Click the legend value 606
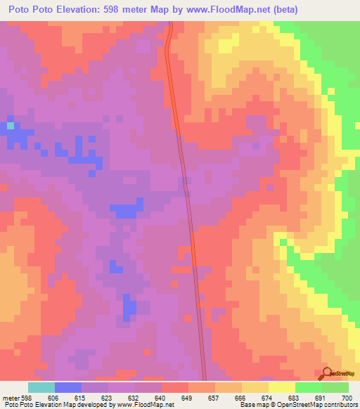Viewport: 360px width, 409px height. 53,398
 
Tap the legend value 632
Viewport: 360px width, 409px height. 134,398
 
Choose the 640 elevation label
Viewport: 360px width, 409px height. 160,398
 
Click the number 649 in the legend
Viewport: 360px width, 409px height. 187,398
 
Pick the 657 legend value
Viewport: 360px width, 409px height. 214,398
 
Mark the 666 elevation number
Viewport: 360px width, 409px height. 241,398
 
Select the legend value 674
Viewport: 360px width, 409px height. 268,398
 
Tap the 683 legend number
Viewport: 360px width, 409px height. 295,398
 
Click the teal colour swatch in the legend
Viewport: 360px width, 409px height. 41,387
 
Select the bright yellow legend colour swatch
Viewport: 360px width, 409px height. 281,387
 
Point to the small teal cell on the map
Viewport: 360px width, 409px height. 11,126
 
